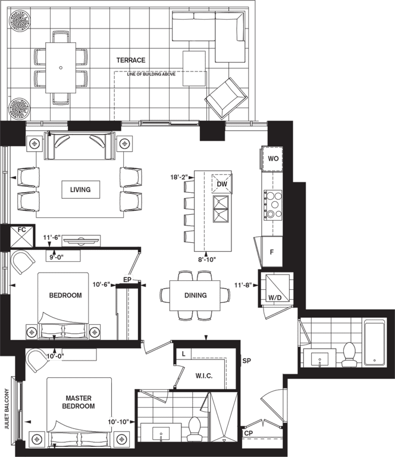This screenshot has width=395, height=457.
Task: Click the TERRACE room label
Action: coord(131,60)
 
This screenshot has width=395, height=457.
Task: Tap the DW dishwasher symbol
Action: coord(222,184)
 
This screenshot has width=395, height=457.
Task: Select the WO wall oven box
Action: coord(272,158)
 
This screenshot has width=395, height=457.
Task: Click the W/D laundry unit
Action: coord(275,288)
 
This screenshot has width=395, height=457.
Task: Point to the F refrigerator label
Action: coord(272,252)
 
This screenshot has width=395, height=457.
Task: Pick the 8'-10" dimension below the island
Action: coord(207,259)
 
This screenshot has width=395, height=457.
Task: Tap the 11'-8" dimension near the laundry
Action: coord(243,285)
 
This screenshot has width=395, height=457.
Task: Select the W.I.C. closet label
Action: coord(204,375)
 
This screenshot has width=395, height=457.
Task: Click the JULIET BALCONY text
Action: coord(7,408)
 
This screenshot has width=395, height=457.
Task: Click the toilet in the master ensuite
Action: coord(193,428)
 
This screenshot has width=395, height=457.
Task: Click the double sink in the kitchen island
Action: coord(221,209)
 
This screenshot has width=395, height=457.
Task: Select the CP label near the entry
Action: coord(248,433)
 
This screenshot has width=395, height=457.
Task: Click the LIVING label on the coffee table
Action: coord(80,189)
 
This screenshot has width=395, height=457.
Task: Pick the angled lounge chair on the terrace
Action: coord(226,98)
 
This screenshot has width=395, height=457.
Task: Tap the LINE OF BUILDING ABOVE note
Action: coord(151,74)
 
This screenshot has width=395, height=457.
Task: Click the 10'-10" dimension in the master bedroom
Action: coord(118,422)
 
